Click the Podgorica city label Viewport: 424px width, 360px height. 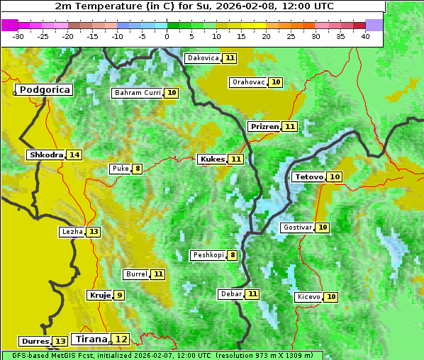tap(44, 90)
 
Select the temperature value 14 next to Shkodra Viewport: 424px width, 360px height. tap(74, 154)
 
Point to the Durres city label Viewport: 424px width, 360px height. tap(35, 342)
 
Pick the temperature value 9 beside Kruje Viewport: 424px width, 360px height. tap(119, 295)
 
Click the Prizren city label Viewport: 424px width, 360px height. tap(264, 126)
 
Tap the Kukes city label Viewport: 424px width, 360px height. tap(212, 159)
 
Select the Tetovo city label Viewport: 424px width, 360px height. tap(308, 176)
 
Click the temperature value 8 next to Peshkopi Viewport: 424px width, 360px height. tap(232, 255)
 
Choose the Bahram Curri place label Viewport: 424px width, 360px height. tap(138, 93)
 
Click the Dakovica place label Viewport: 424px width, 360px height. tap(203, 57)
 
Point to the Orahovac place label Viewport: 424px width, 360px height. tap(248, 82)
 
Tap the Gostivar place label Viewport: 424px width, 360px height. tap(296, 227)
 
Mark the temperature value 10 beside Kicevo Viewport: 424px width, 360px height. tap(330, 297)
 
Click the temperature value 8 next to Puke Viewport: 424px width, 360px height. tap(137, 169)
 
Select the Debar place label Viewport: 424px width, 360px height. tap(231, 294)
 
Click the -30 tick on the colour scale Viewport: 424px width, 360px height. tap(18, 36)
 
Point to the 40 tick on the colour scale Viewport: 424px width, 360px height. tap(365, 36)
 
